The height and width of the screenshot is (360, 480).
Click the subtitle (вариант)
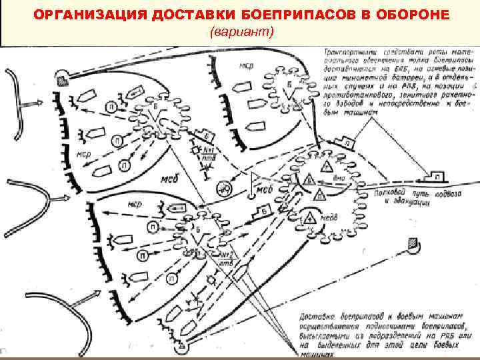pos(241,32)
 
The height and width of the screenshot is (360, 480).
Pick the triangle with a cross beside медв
pos(309,217)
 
